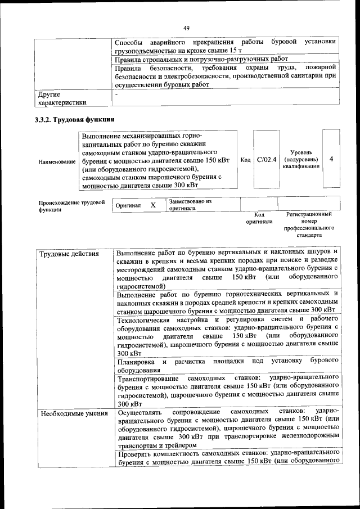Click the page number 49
point(187,28)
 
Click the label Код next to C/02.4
point(245,160)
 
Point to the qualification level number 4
point(331,159)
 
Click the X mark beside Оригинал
point(153,205)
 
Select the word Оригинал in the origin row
point(128,206)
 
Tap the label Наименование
point(57,162)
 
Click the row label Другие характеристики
point(62,98)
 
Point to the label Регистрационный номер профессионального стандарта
point(309,225)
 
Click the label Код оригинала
point(259,218)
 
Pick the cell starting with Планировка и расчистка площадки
point(227,365)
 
